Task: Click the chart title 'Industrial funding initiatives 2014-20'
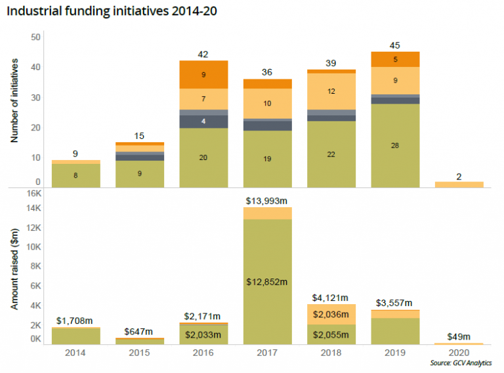pos(111,11)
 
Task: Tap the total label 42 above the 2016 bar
pos(204,54)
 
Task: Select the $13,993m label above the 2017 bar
pos(267,199)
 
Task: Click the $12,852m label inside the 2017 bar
pos(267,281)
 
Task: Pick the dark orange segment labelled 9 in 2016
pos(204,75)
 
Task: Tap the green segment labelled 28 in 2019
pos(394,145)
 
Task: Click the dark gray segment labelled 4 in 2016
pos(204,121)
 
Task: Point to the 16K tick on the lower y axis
pos(33,193)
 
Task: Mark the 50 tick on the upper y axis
pos(37,37)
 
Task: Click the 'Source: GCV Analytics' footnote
pos(461,363)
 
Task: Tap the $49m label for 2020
pos(458,336)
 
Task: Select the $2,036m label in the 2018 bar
pos(331,314)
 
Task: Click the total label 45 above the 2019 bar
pos(394,45)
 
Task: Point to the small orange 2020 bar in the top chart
pos(458,184)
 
